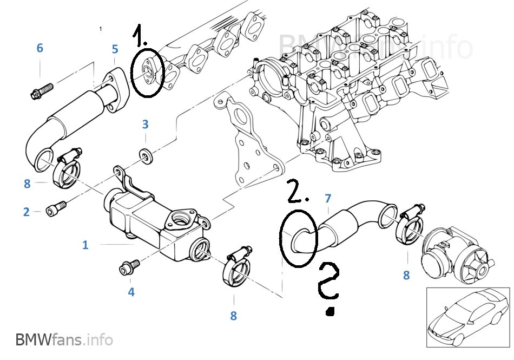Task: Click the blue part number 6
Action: coord(39,48)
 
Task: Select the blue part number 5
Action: coord(115,49)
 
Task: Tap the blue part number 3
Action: coord(145,124)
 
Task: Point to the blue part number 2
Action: coord(26,212)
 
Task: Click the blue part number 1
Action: coord(85,245)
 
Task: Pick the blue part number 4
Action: coord(131,292)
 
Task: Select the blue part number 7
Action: coord(328,199)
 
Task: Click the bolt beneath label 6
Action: coord(41,90)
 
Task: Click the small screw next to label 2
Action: coord(56,207)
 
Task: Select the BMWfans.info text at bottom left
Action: coord(64,340)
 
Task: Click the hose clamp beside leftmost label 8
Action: coord(66,169)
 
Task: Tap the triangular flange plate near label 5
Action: coord(115,89)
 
